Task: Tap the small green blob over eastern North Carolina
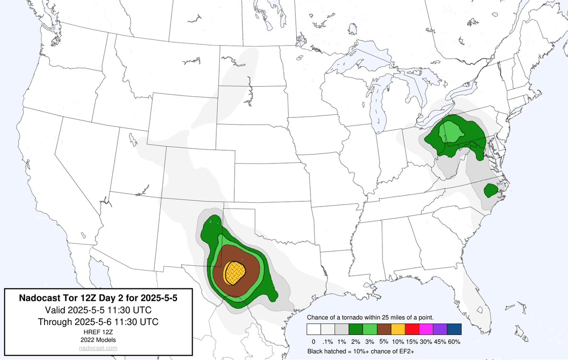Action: [490, 190]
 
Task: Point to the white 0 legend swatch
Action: [313, 329]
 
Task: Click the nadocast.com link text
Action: [98, 348]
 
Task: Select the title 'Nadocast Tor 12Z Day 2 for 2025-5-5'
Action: [98, 298]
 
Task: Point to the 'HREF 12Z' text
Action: [98, 332]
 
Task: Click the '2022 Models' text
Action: [98, 340]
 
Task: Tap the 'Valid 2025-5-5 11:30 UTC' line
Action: [98, 310]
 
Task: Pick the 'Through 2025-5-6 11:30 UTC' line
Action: [98, 322]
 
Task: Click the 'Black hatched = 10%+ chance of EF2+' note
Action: [362, 351]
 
